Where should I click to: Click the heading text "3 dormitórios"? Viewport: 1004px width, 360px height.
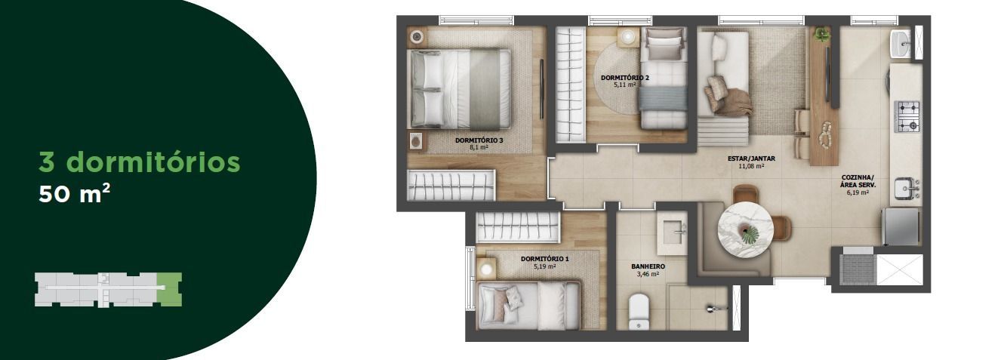click(x=140, y=162)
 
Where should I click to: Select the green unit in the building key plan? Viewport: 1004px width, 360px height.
click(x=170, y=289)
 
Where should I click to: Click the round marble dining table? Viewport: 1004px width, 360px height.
click(x=745, y=229)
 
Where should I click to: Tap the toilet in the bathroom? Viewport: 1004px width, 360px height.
click(x=639, y=312)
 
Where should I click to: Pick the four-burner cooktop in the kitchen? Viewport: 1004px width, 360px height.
click(x=907, y=116)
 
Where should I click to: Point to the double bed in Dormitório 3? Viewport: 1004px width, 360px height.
click(x=460, y=88)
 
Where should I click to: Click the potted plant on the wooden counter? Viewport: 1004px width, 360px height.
click(x=821, y=34)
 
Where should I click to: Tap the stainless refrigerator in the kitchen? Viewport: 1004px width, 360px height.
click(x=901, y=226)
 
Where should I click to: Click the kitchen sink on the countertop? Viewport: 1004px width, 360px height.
click(x=907, y=188)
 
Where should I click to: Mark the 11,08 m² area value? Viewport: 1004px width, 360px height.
click(x=751, y=166)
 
